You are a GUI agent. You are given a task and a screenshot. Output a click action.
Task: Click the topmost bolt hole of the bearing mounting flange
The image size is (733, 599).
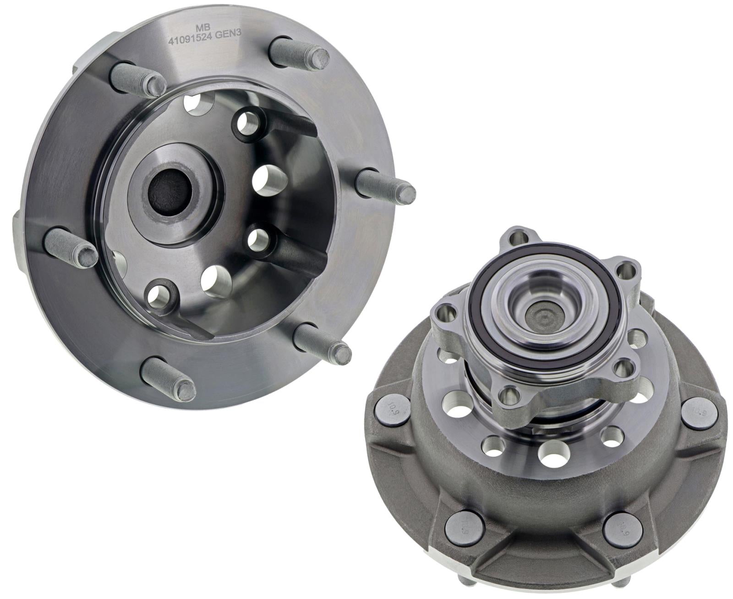pos(519,238)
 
